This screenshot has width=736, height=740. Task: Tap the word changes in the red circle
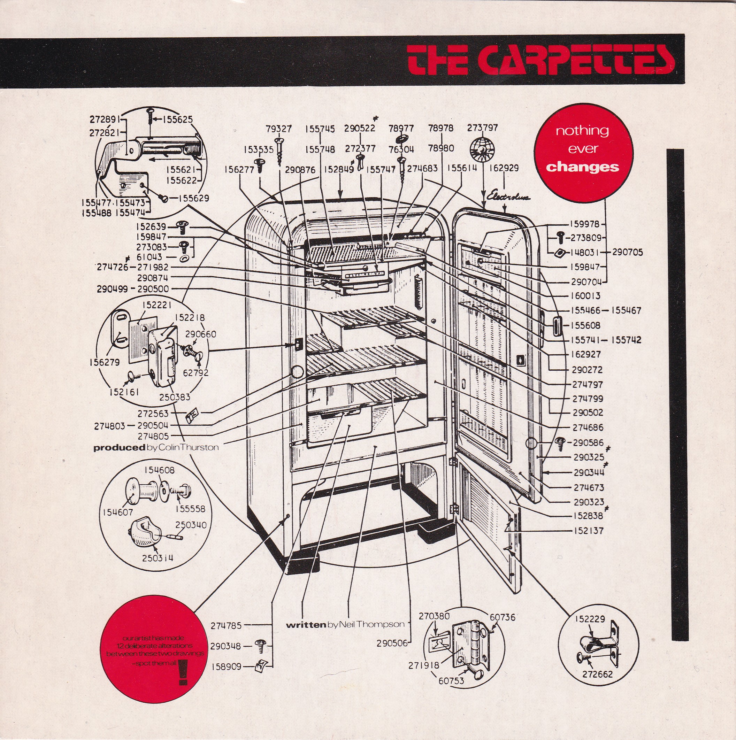tap(583, 167)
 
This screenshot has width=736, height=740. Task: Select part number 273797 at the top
tap(482, 128)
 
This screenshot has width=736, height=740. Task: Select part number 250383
tap(175, 397)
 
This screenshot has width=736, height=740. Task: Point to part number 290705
tap(627, 252)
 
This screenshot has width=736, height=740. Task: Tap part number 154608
tap(159, 470)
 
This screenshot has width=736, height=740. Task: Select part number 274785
tap(226, 626)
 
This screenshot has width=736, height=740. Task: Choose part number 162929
tap(504, 168)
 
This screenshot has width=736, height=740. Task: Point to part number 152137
tap(588, 531)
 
